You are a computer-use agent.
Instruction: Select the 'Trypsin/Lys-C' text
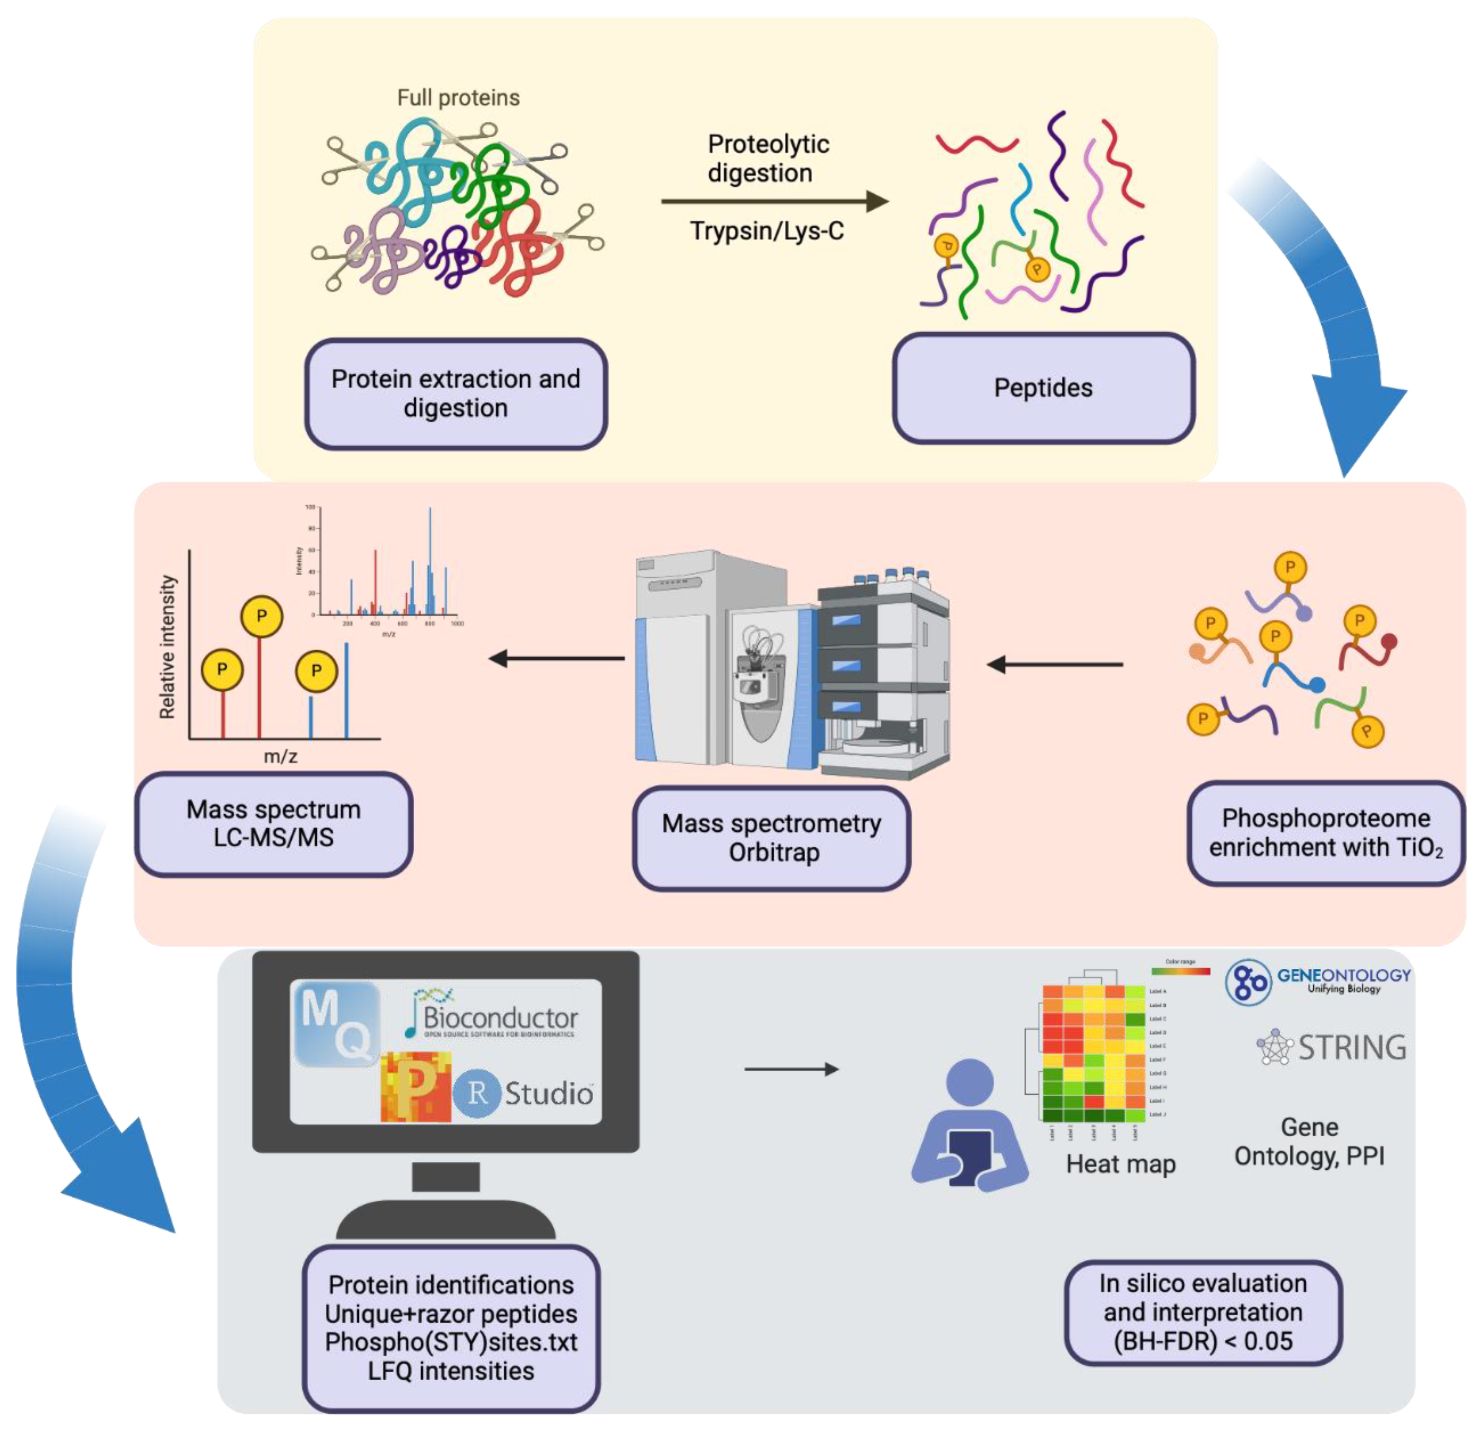pyautogui.click(x=766, y=231)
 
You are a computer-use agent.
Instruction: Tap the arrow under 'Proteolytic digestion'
pyautogui.click(x=772, y=201)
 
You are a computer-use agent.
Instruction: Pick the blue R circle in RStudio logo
pyautogui.click(x=477, y=1093)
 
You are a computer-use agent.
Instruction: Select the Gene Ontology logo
pyautogui.click(x=1318, y=982)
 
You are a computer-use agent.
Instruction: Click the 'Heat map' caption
pyautogui.click(x=1121, y=1164)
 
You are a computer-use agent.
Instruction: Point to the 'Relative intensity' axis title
pyautogui.click(x=167, y=647)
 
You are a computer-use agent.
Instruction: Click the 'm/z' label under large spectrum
pyautogui.click(x=280, y=756)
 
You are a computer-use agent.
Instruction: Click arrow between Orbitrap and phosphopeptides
pyautogui.click(x=1055, y=665)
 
